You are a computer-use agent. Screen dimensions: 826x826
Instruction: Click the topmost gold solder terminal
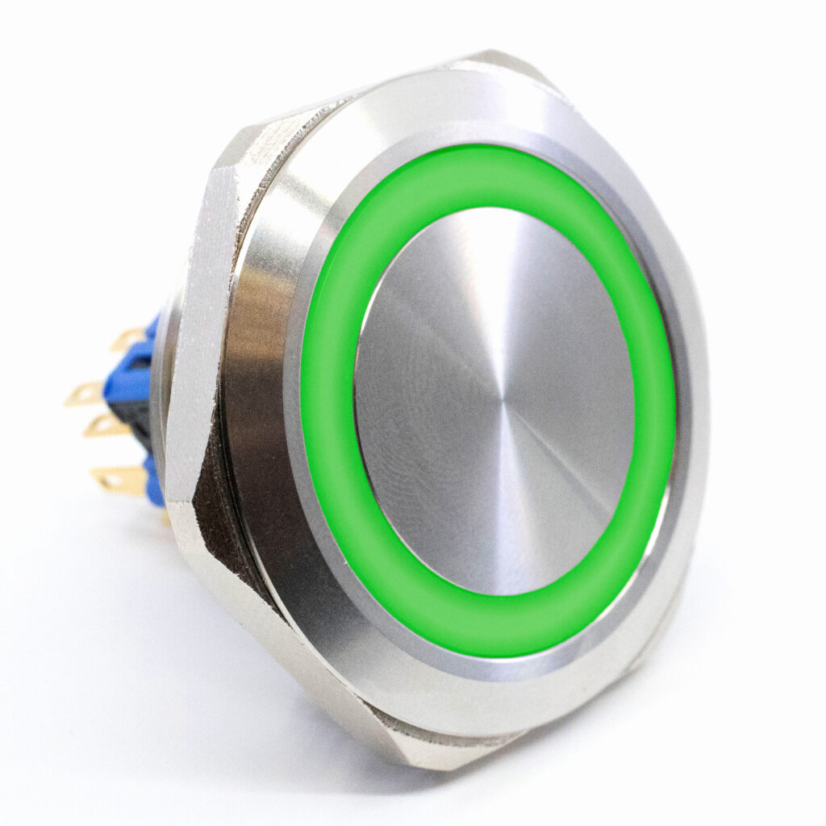(129, 338)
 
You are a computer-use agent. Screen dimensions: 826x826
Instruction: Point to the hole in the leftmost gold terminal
(78, 395)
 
